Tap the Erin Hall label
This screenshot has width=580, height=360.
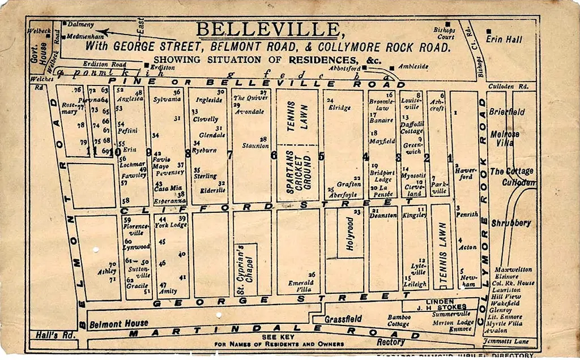tap(504, 40)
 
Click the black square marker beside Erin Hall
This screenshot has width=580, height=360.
tap(489, 31)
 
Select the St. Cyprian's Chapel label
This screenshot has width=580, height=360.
tap(240, 269)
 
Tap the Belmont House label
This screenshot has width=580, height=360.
tap(120, 324)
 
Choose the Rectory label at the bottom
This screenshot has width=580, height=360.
tap(391, 342)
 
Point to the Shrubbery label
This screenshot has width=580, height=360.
tap(511, 223)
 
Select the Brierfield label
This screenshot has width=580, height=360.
tap(506, 112)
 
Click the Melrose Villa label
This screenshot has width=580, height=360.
tap(505, 139)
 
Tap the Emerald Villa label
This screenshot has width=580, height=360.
tap(301, 285)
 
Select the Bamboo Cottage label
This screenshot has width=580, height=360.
tap(399, 320)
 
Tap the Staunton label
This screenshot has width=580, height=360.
tap(255, 146)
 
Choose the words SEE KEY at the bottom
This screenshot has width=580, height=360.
tap(278, 337)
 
